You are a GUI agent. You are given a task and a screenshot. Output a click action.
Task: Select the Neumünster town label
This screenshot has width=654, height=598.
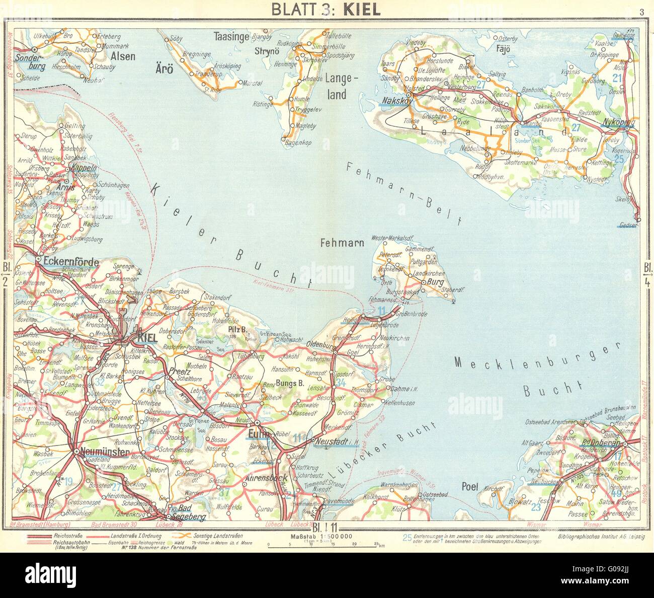click(x=104, y=453)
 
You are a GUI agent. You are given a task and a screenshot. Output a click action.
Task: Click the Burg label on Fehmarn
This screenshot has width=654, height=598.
click(x=435, y=282)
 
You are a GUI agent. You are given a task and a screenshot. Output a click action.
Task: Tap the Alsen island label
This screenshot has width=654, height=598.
click(x=123, y=56)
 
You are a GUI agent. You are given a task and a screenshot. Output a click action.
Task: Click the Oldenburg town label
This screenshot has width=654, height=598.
click(x=320, y=345)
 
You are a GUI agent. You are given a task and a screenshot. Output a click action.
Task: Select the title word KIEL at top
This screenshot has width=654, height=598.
click(x=361, y=10)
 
